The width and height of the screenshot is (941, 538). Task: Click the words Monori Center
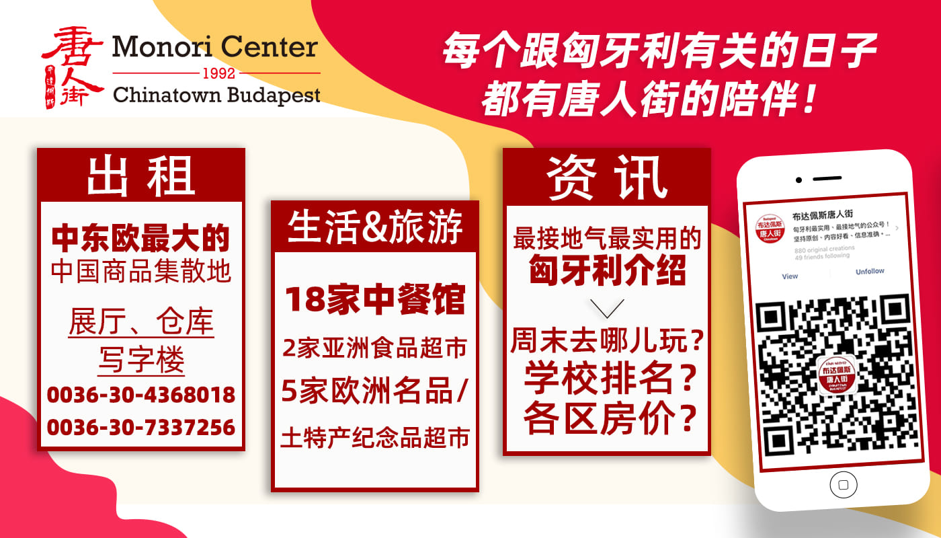point(215,47)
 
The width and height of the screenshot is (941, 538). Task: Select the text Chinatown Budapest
point(216,95)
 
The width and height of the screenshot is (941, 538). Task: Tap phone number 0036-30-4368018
point(140,394)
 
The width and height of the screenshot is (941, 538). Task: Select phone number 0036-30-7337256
point(140,427)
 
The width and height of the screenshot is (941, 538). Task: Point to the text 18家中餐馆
point(375,300)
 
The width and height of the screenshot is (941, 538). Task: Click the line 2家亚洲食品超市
point(375,348)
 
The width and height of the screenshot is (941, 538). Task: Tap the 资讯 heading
point(606,178)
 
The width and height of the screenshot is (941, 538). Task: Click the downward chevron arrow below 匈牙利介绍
point(606,308)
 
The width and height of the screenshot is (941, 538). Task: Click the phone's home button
point(844,484)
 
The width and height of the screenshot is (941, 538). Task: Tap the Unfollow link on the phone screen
point(870,272)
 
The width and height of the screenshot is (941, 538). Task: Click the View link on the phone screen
point(790,276)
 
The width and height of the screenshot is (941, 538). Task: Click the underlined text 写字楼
point(140,360)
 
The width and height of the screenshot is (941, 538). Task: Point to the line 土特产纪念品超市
point(375,438)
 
